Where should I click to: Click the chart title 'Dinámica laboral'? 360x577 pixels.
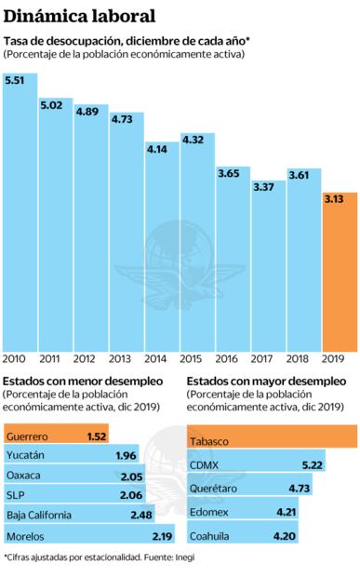pyautogui.click(x=78, y=17)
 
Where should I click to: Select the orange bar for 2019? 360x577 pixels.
pyautogui.click(x=340, y=270)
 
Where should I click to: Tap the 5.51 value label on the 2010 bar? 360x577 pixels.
pyautogui.click(x=15, y=81)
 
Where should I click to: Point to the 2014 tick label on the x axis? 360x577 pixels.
pyautogui.click(x=156, y=358)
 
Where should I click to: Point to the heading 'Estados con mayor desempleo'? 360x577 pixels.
pyautogui.click(x=266, y=382)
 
